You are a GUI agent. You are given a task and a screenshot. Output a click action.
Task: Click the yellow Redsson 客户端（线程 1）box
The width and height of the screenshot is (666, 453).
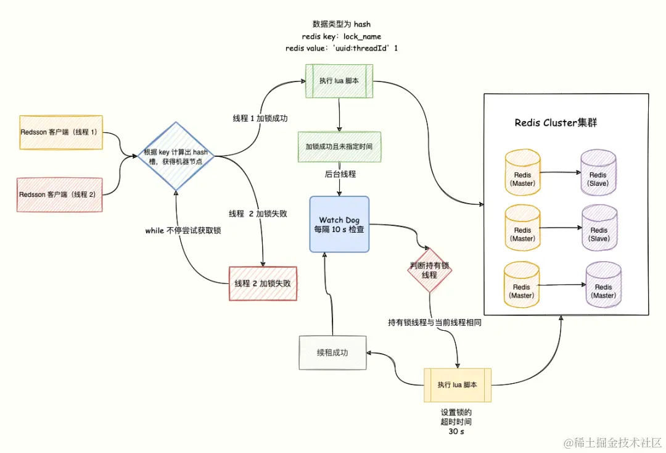(61, 133)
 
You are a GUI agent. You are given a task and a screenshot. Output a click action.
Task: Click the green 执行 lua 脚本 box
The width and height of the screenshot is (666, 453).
(340, 81)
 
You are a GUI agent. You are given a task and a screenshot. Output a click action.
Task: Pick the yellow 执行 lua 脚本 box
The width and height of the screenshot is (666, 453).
(457, 385)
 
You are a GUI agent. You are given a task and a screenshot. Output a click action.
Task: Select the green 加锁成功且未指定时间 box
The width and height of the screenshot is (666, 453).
(340, 147)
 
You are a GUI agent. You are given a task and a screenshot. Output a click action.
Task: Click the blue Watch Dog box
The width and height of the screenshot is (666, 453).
(339, 224)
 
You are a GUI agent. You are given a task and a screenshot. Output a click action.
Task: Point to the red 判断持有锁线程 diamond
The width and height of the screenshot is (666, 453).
(429, 270)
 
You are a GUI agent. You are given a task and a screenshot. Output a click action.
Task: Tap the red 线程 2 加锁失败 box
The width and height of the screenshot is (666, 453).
(263, 283)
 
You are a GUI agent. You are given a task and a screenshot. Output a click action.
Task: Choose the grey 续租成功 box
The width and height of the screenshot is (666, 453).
(332, 353)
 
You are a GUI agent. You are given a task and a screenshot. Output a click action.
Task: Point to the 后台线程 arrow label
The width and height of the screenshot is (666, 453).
(340, 175)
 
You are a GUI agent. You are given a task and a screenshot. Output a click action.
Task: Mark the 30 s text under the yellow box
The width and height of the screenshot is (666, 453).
(457, 432)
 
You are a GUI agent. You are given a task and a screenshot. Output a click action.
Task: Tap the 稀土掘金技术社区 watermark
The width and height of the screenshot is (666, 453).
(617, 443)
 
